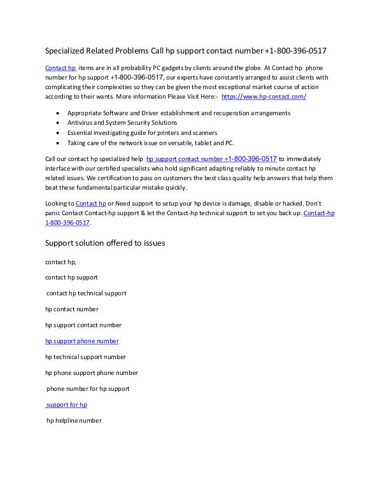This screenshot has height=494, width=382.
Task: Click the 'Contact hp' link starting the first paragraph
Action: click(x=60, y=67)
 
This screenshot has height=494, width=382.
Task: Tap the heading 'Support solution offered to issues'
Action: click(x=106, y=243)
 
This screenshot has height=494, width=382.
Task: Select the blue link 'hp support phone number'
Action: click(x=81, y=341)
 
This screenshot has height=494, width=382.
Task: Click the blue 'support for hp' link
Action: click(x=66, y=404)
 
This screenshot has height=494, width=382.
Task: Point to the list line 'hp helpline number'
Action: click(x=74, y=420)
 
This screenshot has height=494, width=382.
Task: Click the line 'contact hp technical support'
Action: click(x=86, y=293)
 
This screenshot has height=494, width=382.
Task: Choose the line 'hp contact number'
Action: click(x=71, y=309)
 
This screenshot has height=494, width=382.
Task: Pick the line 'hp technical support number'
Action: click(x=85, y=357)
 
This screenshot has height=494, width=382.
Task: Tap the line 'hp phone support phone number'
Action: click(x=91, y=373)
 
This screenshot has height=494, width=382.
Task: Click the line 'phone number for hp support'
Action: click(x=88, y=388)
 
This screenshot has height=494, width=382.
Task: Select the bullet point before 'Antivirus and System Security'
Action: click(x=59, y=123)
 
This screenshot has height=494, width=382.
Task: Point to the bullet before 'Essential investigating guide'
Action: click(x=59, y=132)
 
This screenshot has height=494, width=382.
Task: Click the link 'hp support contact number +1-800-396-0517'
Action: click(x=211, y=159)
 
